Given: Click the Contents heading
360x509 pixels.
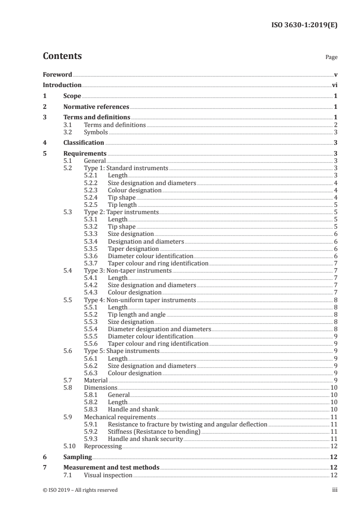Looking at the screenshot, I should coord(62,56).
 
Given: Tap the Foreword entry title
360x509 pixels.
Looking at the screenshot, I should coord(57,74).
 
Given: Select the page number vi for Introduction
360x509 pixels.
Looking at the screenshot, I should coord(334,85).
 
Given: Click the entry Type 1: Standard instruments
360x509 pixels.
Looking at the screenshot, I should coord(126,168).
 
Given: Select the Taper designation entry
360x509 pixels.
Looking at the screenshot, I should coord(133,249).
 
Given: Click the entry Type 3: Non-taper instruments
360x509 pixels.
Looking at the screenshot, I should coord(128,271).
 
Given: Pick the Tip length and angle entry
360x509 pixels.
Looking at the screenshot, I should coord(137,314).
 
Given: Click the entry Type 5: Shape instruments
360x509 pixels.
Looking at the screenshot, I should coord(122,351).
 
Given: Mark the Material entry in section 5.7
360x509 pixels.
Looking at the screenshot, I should coord(96,380).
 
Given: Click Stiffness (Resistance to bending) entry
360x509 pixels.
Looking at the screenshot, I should coord(154,431).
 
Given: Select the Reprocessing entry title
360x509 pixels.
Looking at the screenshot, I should coord(103,446).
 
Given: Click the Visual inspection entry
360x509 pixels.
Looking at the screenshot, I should coord(108,475).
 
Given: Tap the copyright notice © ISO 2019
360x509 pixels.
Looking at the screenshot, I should coord(80,490).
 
